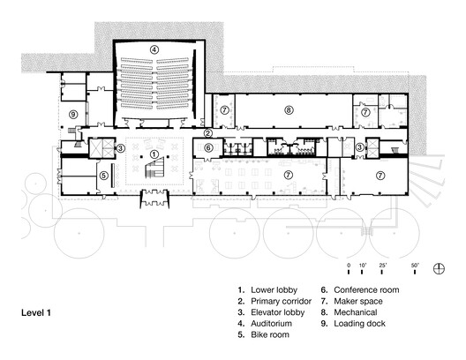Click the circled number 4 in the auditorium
tap(154, 50)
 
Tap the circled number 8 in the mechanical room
tap(289, 110)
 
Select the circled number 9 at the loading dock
tap(74, 115)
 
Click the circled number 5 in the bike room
tap(104, 175)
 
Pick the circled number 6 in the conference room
tap(208, 147)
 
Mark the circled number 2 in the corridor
tap(207, 132)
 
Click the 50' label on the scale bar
tap(414, 266)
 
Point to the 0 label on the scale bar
tap(349, 266)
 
